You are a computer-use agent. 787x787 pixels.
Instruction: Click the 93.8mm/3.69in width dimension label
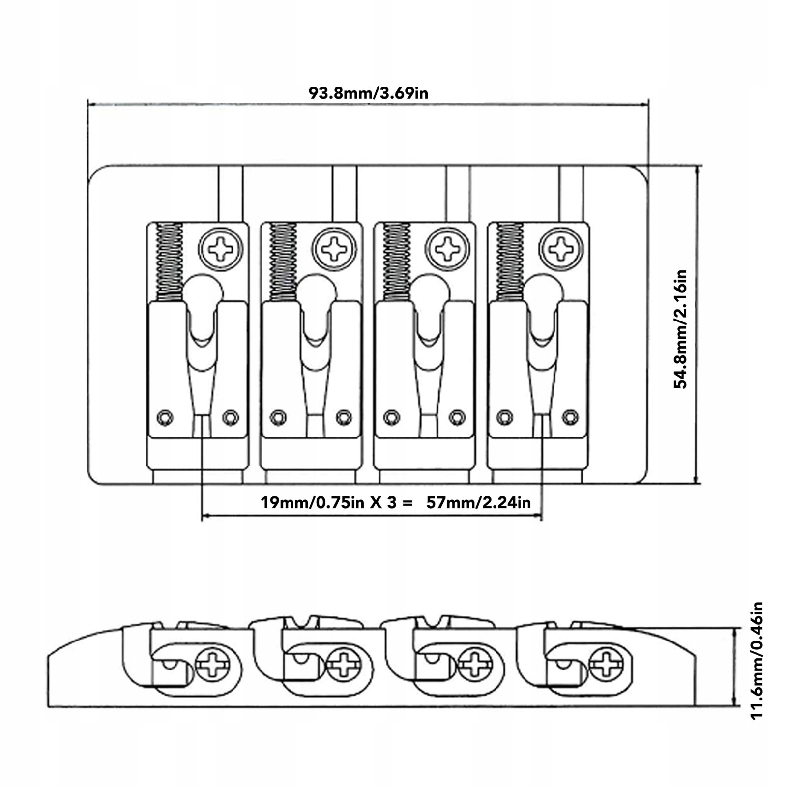[368, 93]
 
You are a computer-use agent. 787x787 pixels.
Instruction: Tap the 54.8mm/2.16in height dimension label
[681, 329]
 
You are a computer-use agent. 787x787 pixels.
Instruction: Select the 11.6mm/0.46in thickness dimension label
[757, 661]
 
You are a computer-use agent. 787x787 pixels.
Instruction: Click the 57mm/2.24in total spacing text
[478, 502]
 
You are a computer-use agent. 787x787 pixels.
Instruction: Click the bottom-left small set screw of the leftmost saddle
[165, 418]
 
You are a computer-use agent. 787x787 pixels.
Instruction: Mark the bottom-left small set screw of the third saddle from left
[391, 417]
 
